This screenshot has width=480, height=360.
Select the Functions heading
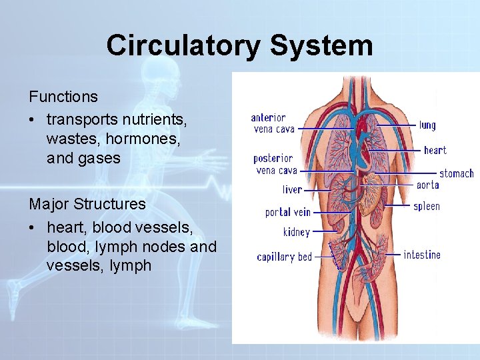(63, 97)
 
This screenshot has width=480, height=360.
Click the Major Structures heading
(87, 203)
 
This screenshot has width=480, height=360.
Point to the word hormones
(145, 139)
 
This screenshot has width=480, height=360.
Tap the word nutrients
(155, 120)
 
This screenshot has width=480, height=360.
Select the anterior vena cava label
(273, 123)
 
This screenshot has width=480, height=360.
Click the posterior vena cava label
(275, 164)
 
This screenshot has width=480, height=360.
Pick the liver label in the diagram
(292, 190)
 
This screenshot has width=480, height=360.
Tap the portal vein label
(288, 213)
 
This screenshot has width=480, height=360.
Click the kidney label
(296, 232)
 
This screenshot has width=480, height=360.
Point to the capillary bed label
(285, 257)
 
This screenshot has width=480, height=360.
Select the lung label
(427, 125)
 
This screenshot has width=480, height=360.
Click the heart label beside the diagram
(435, 151)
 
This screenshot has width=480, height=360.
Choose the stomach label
(456, 174)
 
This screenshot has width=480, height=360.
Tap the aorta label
(427, 185)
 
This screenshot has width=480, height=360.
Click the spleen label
(427, 206)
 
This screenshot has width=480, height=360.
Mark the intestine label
(422, 255)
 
